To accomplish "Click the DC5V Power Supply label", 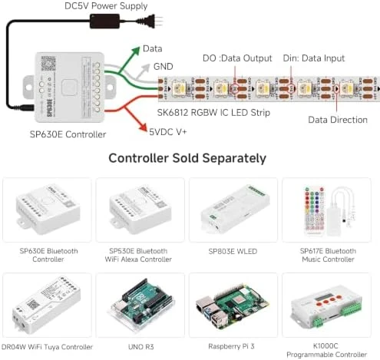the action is click(x=106, y=6).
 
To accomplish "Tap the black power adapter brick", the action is click(x=104, y=21).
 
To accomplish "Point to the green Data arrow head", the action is click(x=135, y=51).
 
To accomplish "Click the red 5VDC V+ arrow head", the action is click(x=141, y=127).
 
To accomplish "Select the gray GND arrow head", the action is click(x=145, y=68).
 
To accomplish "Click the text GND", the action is click(x=164, y=67).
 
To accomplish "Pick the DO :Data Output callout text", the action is click(x=237, y=58).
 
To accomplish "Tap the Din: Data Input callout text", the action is click(x=314, y=58).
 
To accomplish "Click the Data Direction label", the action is click(x=338, y=120).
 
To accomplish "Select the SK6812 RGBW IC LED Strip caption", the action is click(x=213, y=113).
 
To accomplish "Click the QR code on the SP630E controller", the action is click(x=48, y=63).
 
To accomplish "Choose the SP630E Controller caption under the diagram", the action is click(x=68, y=134).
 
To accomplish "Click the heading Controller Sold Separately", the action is click(x=187, y=158).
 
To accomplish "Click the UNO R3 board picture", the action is click(x=140, y=305).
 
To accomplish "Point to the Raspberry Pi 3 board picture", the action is click(x=233, y=306).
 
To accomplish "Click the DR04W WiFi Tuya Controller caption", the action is click(x=47, y=347).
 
